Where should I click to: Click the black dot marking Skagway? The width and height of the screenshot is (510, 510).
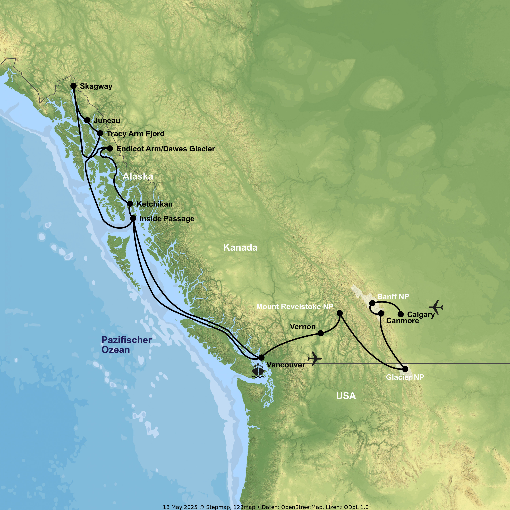[x=74, y=86]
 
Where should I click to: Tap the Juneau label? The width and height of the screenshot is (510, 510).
[x=107, y=121]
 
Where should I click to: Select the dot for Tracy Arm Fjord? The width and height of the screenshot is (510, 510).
[x=100, y=133]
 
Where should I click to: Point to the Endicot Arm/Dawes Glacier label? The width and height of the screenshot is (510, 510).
[x=166, y=149]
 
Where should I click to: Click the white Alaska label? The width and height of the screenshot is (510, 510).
[x=138, y=176]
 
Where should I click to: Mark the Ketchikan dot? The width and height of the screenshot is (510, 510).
[x=130, y=203]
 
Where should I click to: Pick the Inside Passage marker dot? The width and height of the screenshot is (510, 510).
[x=133, y=218]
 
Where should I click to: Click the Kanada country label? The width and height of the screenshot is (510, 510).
[x=240, y=247]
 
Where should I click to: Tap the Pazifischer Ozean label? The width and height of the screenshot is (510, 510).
[x=126, y=345]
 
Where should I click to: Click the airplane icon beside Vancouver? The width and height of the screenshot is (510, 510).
[x=314, y=359]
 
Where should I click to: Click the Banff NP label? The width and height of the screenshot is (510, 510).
[x=393, y=297]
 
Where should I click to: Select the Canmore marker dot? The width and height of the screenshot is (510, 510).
[x=381, y=313]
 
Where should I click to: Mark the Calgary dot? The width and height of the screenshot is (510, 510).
[x=401, y=314]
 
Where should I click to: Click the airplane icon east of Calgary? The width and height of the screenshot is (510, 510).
[x=436, y=307]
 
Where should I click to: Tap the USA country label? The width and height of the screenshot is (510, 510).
[x=346, y=396]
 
